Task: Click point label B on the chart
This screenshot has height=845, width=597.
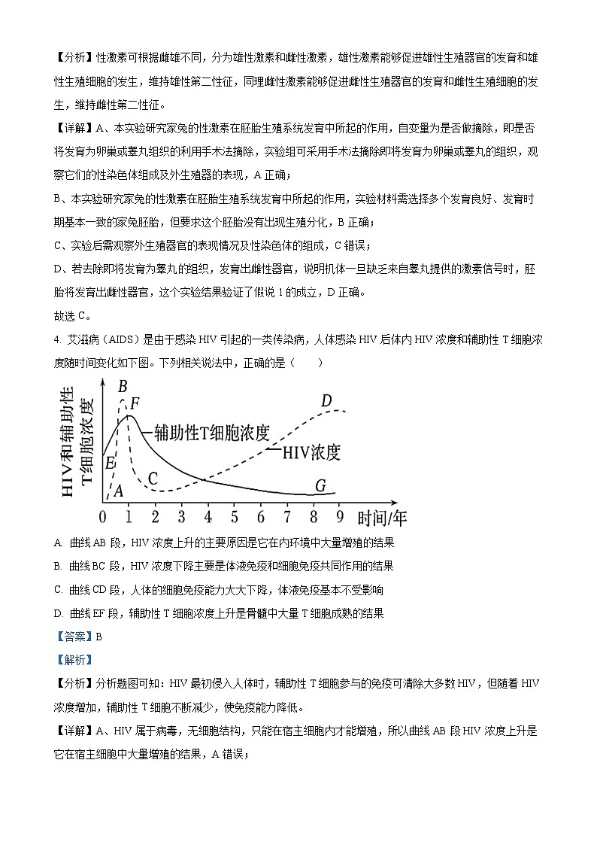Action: point(123,386)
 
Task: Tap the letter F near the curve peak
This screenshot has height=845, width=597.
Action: point(135,403)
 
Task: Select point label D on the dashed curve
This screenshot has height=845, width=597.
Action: point(326,400)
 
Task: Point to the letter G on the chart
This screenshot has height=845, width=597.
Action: point(320,486)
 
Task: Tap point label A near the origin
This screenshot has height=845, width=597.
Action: point(117,491)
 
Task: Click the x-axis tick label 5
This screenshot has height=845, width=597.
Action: point(235,517)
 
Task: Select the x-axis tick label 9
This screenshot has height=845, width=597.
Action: point(340,517)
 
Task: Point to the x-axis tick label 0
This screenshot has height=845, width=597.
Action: point(103,517)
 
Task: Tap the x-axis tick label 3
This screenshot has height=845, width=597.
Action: point(182,517)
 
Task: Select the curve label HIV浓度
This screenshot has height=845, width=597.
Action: point(311,452)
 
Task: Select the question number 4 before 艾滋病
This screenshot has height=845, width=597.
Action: point(57,341)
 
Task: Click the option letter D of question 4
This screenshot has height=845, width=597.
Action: point(59,612)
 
